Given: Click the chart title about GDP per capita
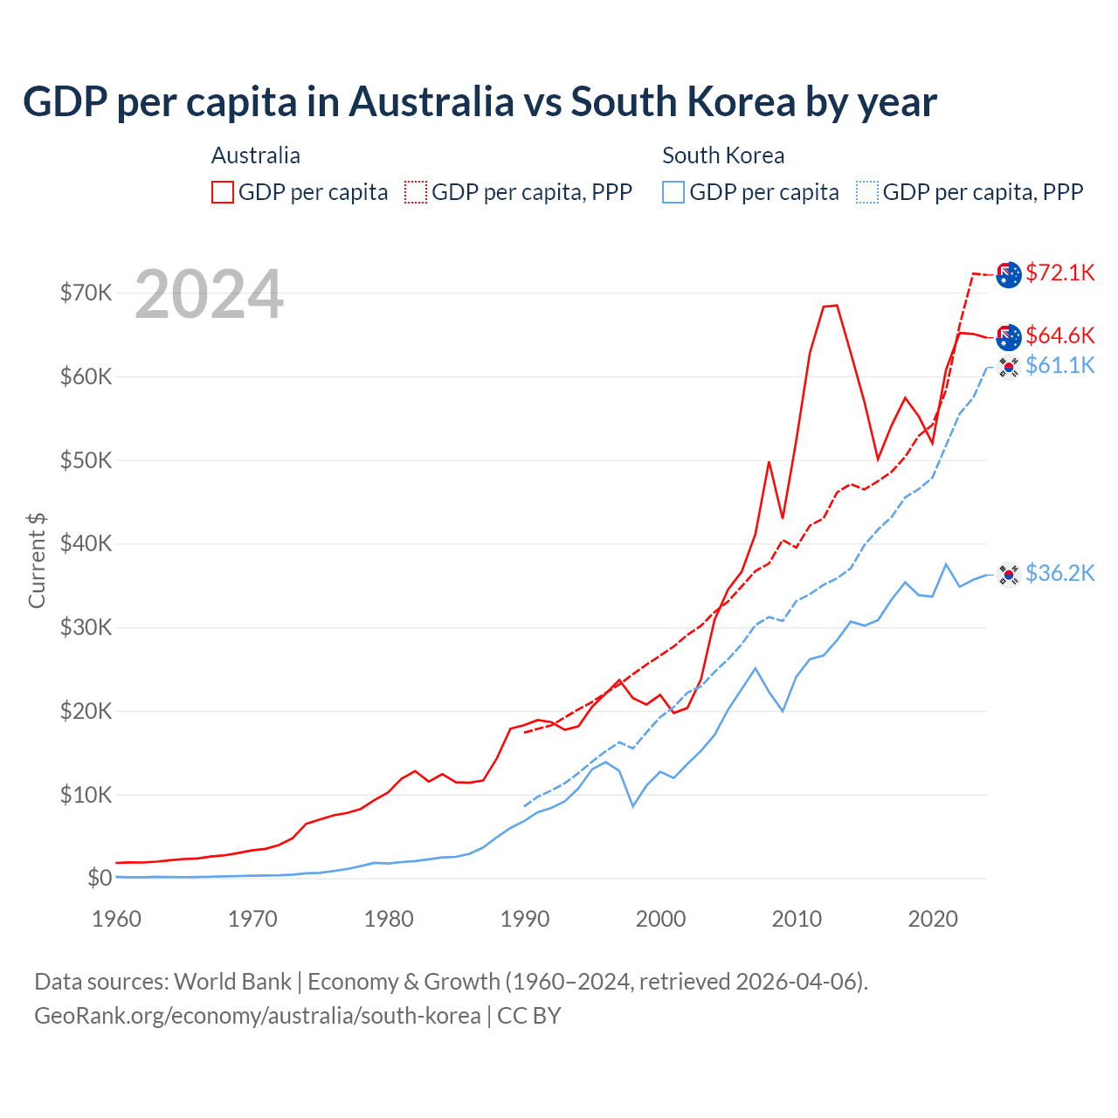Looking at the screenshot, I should (x=480, y=102).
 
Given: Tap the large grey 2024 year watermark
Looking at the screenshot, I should (x=209, y=294).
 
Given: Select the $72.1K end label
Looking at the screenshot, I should (x=1059, y=273).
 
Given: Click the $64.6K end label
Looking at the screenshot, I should (x=1059, y=335).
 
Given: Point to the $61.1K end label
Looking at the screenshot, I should (x=1059, y=365).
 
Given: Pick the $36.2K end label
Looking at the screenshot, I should (x=1059, y=573).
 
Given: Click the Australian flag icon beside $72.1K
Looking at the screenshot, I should (x=1009, y=274).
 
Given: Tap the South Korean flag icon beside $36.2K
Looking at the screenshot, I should (x=1009, y=574).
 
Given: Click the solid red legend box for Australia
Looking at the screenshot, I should (x=223, y=192).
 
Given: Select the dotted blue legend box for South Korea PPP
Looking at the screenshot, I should (x=867, y=192).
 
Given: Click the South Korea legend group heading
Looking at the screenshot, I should (x=723, y=155).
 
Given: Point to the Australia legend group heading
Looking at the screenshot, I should (x=256, y=155).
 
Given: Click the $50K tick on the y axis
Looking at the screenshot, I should (x=86, y=460).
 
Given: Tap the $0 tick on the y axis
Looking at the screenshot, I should (x=99, y=878).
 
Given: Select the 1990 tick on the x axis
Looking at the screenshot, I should (x=525, y=919).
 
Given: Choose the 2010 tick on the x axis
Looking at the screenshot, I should (x=797, y=919).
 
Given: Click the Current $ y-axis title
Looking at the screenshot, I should (x=37, y=560).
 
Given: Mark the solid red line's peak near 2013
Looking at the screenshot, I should (x=836, y=306).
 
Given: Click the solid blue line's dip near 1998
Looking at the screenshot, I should (x=632, y=805).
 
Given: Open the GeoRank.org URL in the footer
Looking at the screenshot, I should (x=258, y=1016).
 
